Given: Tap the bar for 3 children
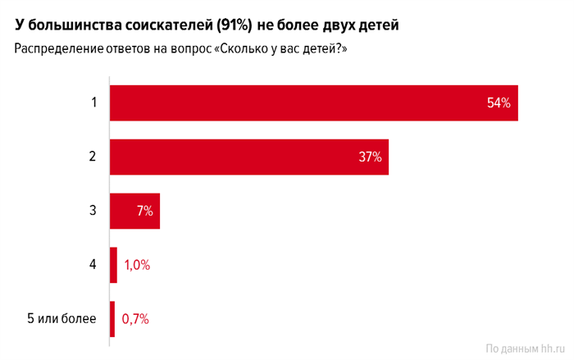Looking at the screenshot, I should tap(134, 211).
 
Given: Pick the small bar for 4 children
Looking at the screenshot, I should tap(113, 265).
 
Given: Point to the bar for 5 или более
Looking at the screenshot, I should tap(112, 319).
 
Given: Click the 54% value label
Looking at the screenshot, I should tap(499, 103).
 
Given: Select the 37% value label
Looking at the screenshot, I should tap(370, 157).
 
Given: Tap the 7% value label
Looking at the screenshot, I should tap(145, 211).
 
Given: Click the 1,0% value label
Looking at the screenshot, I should tap(137, 265).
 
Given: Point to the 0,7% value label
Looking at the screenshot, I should tap(135, 319).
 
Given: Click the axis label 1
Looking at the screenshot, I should tap(94, 103).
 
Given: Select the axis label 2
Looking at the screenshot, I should tap(94, 157).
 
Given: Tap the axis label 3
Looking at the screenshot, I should tap(94, 211).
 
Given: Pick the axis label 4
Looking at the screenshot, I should tap(94, 265).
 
